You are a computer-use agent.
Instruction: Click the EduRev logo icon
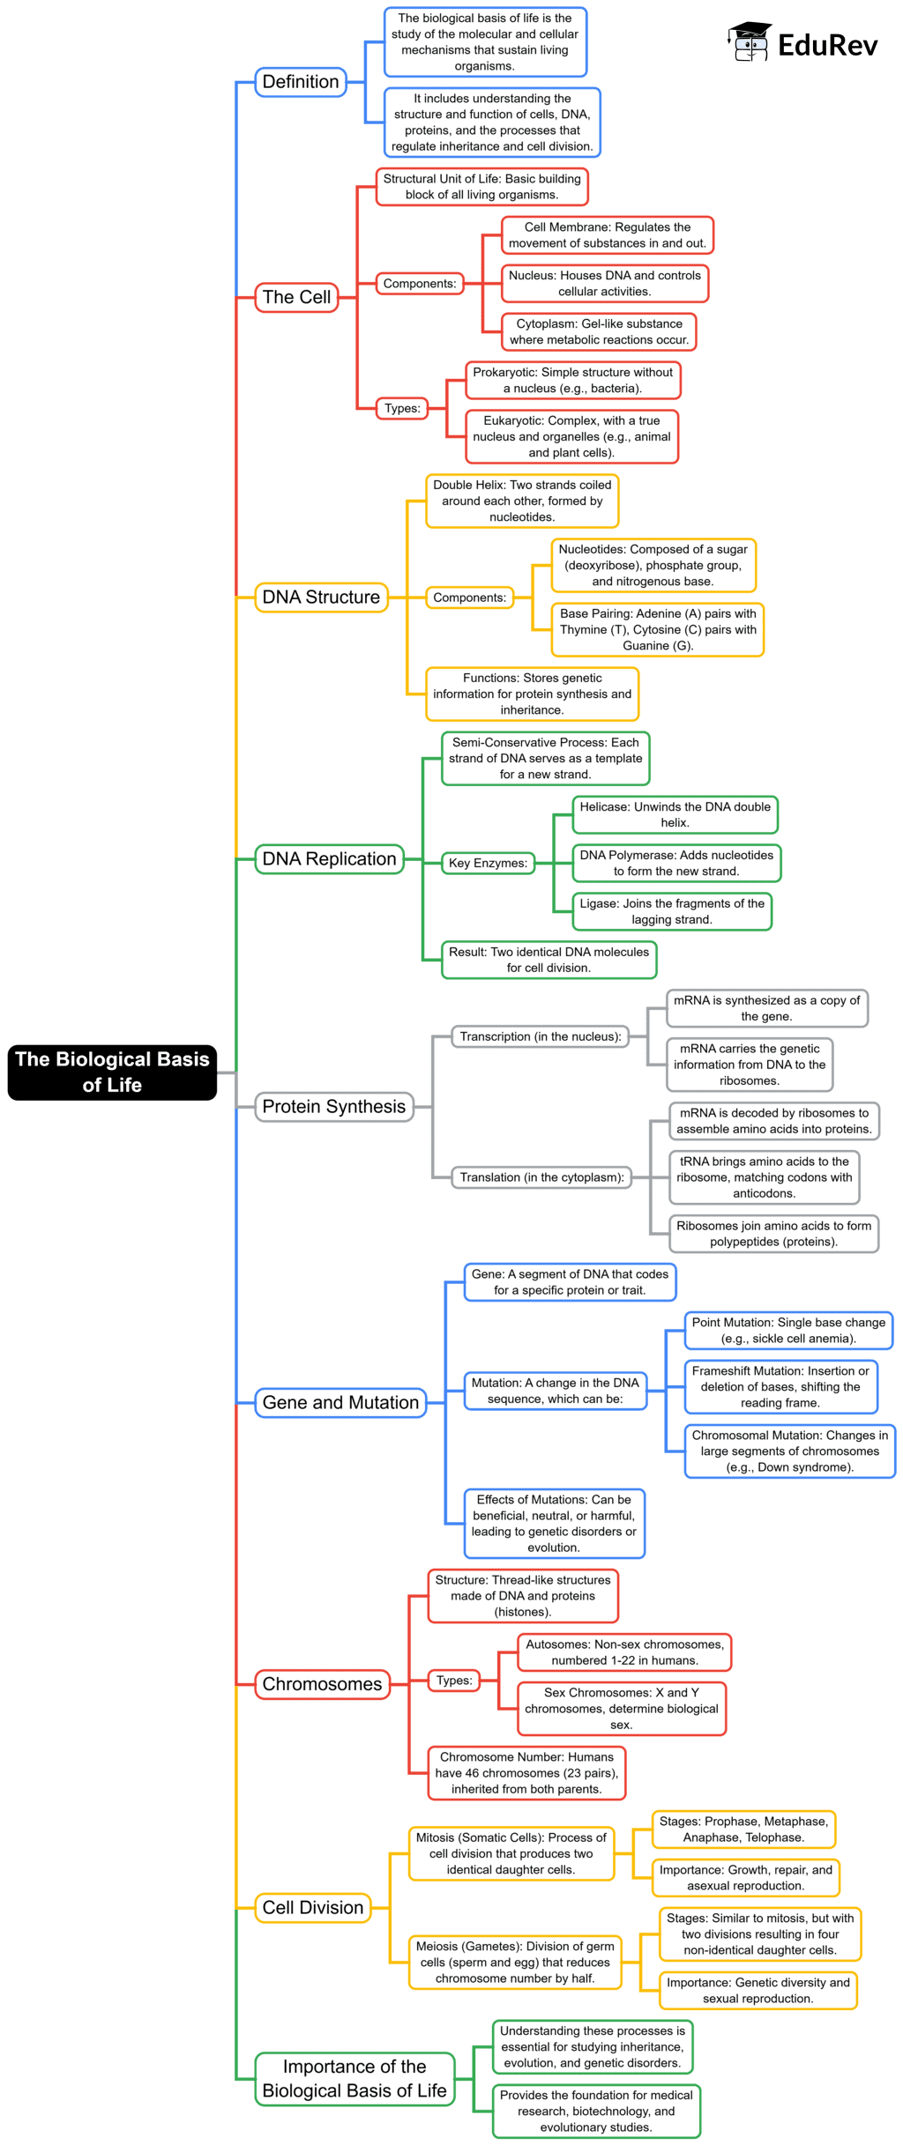tap(750, 41)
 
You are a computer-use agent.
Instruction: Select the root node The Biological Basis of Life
tap(112, 1072)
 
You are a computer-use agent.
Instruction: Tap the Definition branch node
tap(301, 82)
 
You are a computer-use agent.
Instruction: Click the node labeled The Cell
tap(296, 297)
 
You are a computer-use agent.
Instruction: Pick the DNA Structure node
tap(321, 597)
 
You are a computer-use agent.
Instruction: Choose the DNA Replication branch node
tap(329, 858)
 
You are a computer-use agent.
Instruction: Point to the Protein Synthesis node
tap(333, 1106)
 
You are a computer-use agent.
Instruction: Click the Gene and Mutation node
tap(340, 1402)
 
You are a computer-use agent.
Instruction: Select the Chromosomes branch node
tap(322, 1683)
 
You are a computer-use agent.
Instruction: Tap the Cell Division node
tap(313, 1907)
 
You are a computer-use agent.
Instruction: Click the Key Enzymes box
tap(488, 863)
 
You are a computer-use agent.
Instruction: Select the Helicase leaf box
tap(675, 814)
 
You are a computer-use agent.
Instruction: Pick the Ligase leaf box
tap(672, 911)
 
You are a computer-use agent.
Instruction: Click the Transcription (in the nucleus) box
tap(541, 1036)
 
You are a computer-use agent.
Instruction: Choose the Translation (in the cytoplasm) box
tap(541, 1177)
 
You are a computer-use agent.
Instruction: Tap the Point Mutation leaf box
tap(788, 1330)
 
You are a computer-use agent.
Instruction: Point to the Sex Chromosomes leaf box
tap(622, 1708)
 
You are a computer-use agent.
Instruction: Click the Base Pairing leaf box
tap(658, 629)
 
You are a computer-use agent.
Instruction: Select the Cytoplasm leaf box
tap(599, 331)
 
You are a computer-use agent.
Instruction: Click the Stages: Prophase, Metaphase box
tap(743, 1829)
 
